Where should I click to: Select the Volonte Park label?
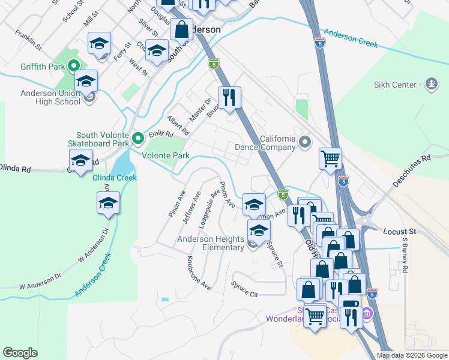coord(166,155)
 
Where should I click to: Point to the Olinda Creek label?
coord(114,178)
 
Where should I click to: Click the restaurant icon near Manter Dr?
coord(229,98)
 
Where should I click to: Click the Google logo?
coord(20,353)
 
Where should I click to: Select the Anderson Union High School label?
coord(50,97)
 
